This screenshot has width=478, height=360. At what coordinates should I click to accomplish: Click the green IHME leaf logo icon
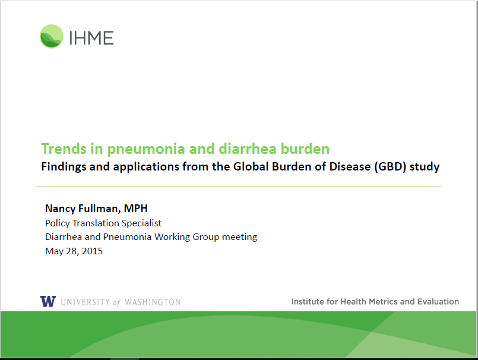51,37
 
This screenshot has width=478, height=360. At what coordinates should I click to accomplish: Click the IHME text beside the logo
90,37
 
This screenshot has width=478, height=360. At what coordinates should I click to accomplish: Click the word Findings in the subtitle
65,167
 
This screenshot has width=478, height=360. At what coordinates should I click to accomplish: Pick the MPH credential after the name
135,209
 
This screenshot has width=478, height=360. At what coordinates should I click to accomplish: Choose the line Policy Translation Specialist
103,223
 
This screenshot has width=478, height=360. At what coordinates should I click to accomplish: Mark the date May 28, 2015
74,251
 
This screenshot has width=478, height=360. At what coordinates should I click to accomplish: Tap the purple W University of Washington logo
48,301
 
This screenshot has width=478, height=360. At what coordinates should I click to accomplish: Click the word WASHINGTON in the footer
151,302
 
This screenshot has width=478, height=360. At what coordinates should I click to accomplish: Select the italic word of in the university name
116,302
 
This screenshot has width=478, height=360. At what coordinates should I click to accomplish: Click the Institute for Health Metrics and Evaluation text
375,302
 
